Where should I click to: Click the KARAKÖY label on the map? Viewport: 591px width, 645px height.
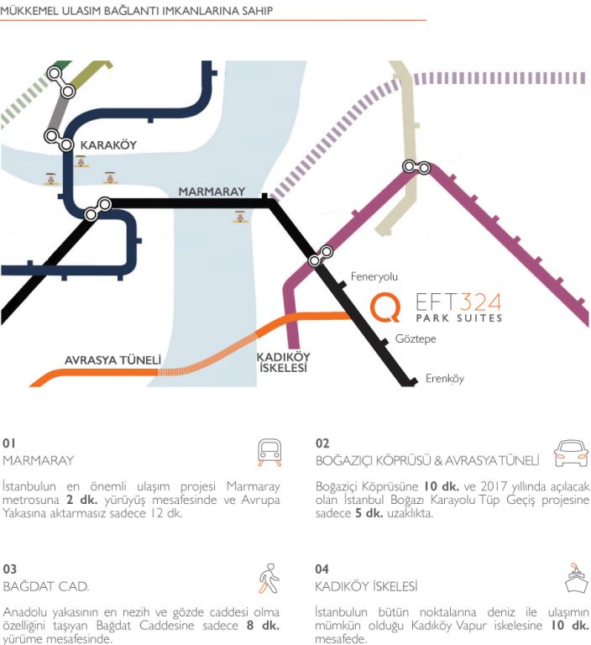tap(108, 144)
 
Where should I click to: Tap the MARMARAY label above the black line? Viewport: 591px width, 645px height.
tap(212, 191)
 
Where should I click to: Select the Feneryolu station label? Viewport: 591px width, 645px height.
tap(374, 276)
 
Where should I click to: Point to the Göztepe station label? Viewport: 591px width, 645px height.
tap(416, 339)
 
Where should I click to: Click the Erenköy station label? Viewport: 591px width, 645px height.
tap(445, 379)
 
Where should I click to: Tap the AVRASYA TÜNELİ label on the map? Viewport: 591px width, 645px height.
tap(112, 360)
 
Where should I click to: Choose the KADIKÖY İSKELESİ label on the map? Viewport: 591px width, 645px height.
tap(284, 363)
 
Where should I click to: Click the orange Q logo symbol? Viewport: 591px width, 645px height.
tap(385, 307)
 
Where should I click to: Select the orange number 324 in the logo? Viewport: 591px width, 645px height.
tap(480, 302)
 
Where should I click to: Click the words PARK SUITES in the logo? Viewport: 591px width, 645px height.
tap(459, 318)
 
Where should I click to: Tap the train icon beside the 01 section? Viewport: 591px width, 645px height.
tap(269, 453)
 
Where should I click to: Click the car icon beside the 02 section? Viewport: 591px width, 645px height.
tap(571, 454)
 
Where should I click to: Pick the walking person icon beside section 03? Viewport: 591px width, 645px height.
tap(269, 579)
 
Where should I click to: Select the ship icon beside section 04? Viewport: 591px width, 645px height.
tap(576, 578)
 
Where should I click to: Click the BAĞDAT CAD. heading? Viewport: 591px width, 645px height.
tap(45, 586)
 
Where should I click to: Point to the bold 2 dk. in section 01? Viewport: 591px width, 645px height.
tap(81, 500)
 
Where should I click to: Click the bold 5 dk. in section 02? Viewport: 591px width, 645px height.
tap(369, 513)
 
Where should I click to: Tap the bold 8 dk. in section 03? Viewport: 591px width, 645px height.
tap(264, 626)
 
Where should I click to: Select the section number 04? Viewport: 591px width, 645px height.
tap(322, 569)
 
